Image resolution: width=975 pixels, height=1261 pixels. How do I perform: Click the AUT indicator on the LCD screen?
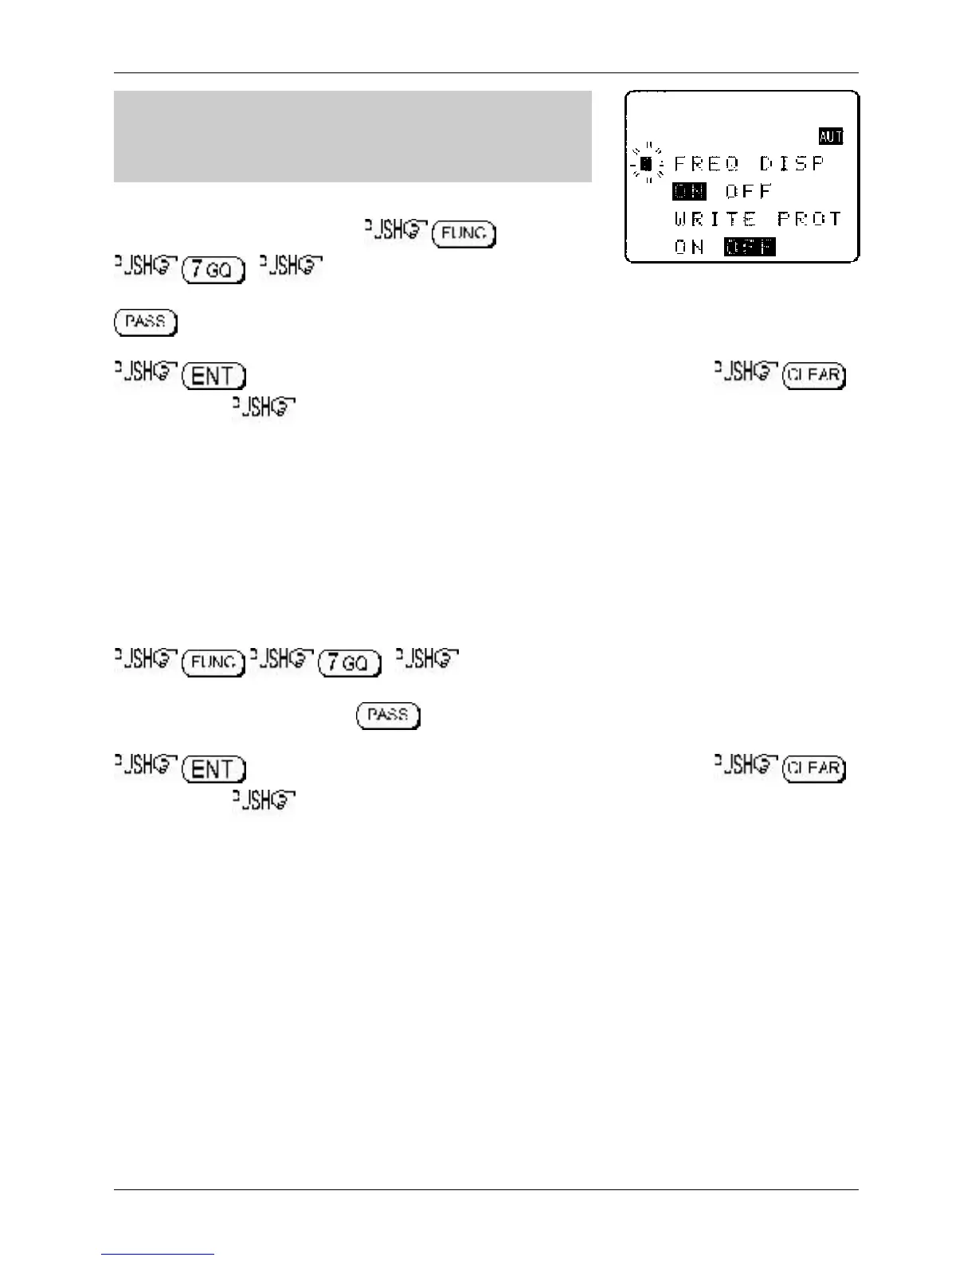(830, 136)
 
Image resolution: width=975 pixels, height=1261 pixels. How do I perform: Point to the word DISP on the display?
(792, 164)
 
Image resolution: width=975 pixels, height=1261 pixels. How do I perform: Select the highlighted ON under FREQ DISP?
(689, 191)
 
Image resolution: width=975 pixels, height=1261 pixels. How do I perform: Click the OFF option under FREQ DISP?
(749, 191)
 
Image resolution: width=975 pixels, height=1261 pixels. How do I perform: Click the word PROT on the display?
(809, 219)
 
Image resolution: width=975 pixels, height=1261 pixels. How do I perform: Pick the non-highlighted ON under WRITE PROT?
(689, 247)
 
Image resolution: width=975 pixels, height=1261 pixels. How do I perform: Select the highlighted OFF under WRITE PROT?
(750, 247)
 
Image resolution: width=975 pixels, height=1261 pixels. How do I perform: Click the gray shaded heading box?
(352, 136)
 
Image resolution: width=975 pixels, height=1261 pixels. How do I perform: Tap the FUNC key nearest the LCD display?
(464, 235)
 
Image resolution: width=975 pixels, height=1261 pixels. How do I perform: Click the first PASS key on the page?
(146, 322)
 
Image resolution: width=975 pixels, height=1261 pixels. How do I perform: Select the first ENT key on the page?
(214, 376)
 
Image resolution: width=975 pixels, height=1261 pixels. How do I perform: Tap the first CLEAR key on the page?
(815, 376)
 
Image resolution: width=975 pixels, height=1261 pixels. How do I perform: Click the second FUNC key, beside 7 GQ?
(213, 662)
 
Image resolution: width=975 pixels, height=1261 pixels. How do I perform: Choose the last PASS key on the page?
(389, 715)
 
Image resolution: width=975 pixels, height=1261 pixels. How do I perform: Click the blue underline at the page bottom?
(158, 1254)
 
